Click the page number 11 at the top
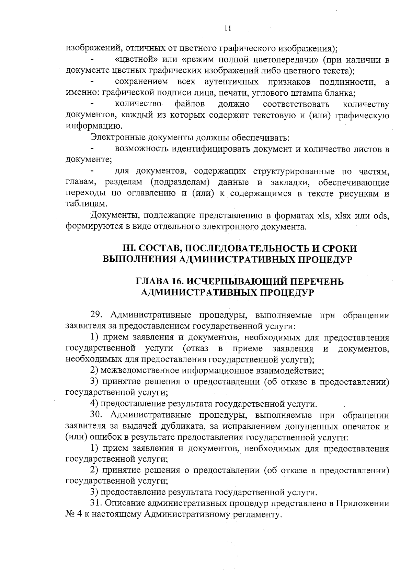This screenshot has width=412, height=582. tap(227, 28)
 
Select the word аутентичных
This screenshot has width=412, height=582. tap(231, 82)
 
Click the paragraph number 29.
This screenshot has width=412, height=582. tap(96, 315)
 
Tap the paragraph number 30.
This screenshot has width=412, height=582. tap(96, 415)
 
